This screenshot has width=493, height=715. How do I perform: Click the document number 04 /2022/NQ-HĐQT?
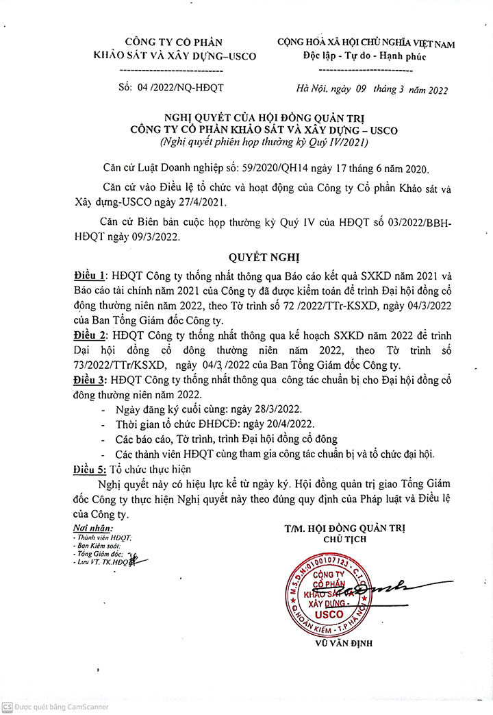coord(180,88)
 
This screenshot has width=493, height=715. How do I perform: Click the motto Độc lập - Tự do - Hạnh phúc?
coord(365,57)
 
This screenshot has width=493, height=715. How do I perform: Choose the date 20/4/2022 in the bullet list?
coord(274,424)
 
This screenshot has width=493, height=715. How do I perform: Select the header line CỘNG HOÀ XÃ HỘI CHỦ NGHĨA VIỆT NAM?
coord(366,43)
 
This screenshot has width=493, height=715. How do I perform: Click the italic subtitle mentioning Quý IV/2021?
coord(264,143)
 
